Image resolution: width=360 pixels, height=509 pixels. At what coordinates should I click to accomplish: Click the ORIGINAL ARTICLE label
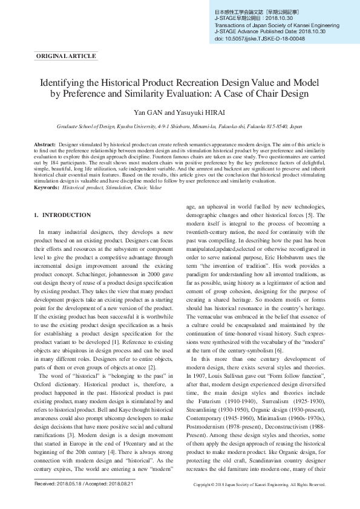(x=67, y=56)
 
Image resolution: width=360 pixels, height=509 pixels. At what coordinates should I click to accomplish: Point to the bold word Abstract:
(x=45, y=146)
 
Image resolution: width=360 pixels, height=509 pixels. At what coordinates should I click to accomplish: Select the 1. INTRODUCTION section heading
(x=62, y=215)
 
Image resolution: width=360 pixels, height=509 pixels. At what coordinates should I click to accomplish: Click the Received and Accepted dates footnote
(x=84, y=484)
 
